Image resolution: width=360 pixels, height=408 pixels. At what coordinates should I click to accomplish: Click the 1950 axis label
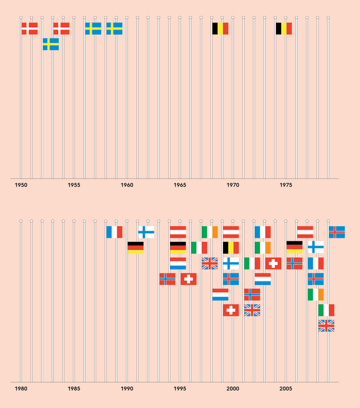click(21, 185)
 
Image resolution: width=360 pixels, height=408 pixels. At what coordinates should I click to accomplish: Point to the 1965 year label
click(180, 185)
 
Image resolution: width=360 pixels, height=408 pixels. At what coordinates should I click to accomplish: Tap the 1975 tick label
click(286, 185)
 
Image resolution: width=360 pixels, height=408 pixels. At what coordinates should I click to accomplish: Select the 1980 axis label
click(21, 389)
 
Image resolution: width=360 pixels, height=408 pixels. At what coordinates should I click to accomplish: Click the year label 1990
click(127, 389)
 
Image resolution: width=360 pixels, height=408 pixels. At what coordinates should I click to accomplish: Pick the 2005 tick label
click(286, 389)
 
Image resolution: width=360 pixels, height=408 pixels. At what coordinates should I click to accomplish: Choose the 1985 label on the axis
click(74, 389)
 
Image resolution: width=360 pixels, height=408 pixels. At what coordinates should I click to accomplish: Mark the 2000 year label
click(233, 389)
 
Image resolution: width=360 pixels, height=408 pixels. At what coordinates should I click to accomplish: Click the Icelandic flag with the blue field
click(337, 232)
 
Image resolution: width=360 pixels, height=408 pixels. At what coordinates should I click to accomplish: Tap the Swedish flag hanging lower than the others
click(51, 44)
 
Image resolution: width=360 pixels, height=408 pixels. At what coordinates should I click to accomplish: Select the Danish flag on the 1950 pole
click(29, 28)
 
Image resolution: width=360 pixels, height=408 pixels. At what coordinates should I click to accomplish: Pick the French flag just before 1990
click(114, 232)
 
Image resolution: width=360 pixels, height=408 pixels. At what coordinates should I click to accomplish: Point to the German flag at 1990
click(135, 247)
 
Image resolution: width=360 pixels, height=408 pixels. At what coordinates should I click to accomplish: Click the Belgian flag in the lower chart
click(231, 247)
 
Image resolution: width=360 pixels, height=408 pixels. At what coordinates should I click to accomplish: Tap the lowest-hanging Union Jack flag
click(326, 326)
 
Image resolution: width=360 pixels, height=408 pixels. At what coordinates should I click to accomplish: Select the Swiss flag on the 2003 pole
click(273, 263)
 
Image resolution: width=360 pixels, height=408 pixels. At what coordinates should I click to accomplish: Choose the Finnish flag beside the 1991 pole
click(146, 232)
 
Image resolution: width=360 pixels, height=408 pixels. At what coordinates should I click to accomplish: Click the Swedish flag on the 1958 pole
click(114, 28)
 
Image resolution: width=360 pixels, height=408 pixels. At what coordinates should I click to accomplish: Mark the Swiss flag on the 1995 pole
click(188, 278)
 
